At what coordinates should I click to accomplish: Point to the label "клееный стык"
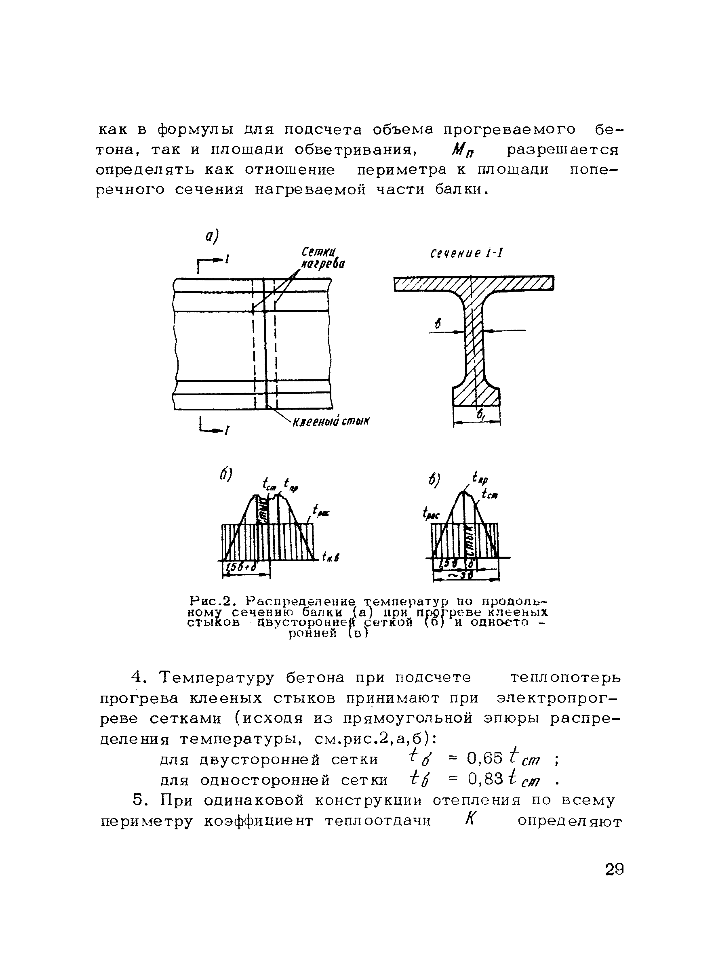point(331,422)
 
